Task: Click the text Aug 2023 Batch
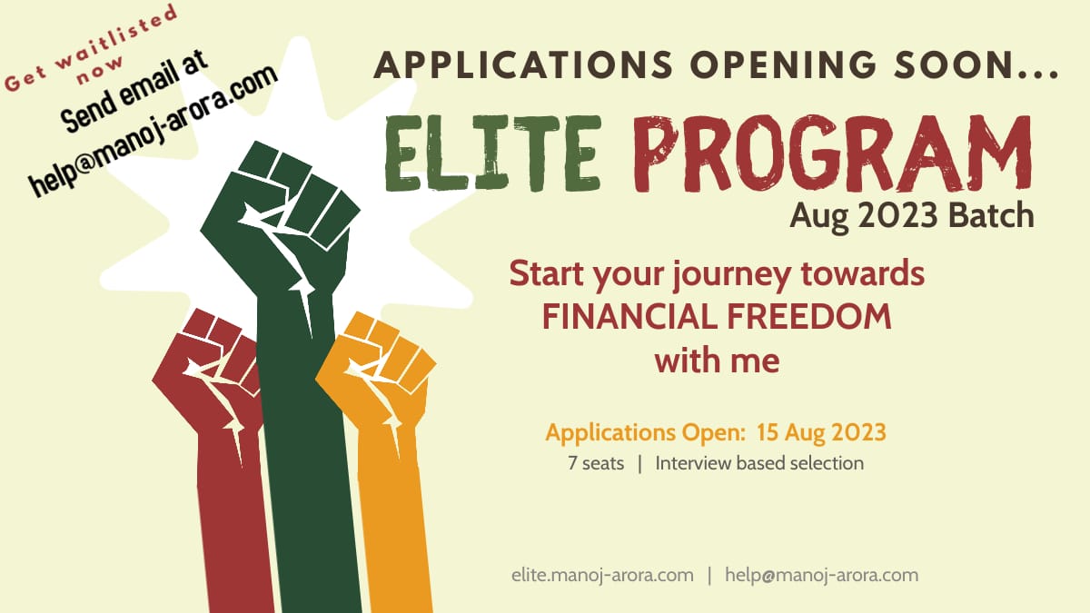[x=911, y=216]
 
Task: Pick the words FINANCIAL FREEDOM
[x=716, y=317]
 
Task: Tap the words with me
[x=717, y=361]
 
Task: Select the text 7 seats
[x=596, y=463]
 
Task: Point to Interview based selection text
[x=759, y=463]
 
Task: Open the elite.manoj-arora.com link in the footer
[x=602, y=575]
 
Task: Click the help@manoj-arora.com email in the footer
[x=821, y=575]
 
